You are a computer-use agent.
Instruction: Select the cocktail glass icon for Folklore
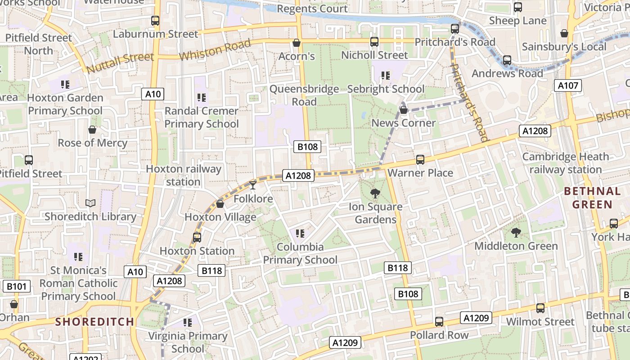(253, 184)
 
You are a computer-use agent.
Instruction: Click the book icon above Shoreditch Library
(90, 203)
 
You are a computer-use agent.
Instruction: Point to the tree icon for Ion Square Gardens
(374, 193)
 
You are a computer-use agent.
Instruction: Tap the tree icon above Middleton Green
(516, 233)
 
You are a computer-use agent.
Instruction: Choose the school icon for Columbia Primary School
(300, 233)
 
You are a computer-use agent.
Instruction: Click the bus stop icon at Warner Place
(420, 159)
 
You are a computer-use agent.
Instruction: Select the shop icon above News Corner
(404, 109)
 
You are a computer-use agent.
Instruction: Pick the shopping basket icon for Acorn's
(297, 43)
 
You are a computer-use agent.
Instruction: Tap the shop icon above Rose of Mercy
(92, 130)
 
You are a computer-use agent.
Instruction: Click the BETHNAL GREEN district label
(592, 198)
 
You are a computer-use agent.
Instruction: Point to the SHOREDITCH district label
(94, 322)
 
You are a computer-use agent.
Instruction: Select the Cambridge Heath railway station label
(565, 163)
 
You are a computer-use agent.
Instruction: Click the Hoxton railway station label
(184, 175)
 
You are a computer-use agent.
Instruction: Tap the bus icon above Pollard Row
(439, 322)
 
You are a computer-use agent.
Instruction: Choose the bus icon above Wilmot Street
(540, 308)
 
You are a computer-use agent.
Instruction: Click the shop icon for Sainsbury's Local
(564, 33)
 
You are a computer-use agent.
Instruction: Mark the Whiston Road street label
(215, 50)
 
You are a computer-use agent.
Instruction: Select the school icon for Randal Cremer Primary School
(202, 97)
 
